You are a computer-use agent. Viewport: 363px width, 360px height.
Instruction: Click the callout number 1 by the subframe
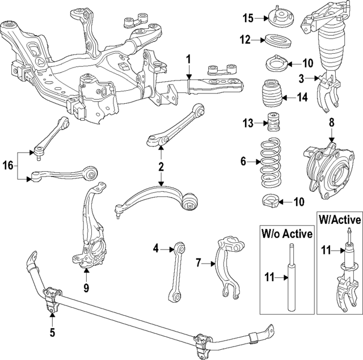[x=189, y=59]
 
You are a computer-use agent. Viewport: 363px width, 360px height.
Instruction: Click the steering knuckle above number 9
[x=91, y=232]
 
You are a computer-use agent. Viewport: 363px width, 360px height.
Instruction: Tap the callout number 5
[x=52, y=333]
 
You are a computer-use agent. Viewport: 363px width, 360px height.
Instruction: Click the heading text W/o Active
[x=286, y=234]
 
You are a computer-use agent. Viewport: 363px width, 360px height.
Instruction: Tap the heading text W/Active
[x=339, y=218]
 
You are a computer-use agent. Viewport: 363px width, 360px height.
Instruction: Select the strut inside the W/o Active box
[x=292, y=278]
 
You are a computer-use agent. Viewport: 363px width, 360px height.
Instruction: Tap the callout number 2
[x=161, y=167]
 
